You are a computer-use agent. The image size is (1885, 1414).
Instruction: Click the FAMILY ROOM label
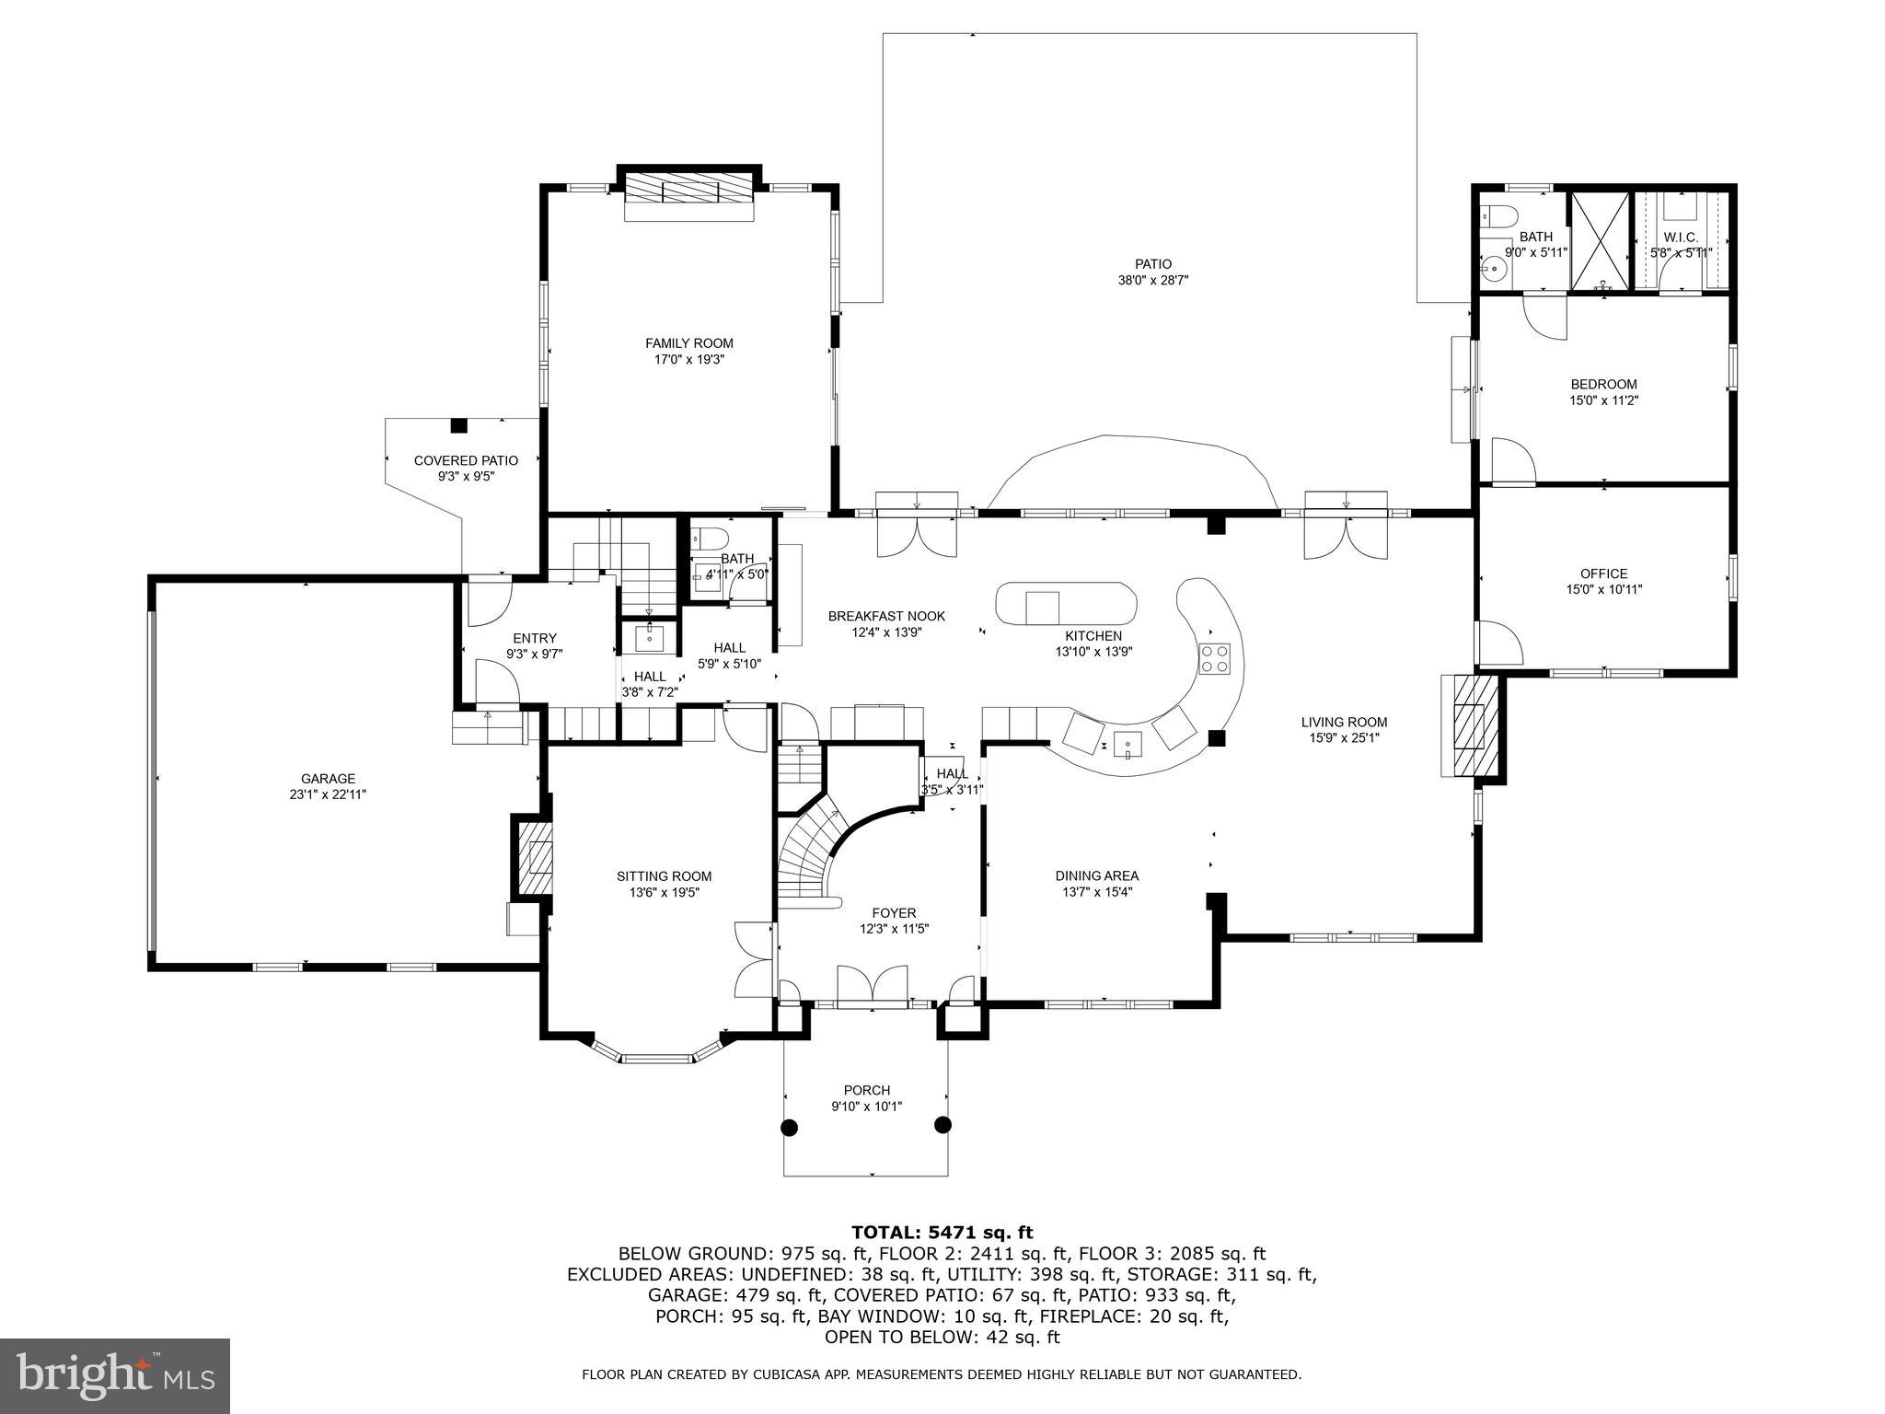pyautogui.click(x=688, y=343)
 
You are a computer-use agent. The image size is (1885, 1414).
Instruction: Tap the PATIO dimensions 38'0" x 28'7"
pyautogui.click(x=1152, y=281)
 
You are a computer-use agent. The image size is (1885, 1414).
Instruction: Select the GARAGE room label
pyautogui.click(x=328, y=779)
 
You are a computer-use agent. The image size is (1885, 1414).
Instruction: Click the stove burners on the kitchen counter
pyautogui.click(x=1214, y=659)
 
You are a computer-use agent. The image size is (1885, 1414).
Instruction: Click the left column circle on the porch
pyautogui.click(x=789, y=1126)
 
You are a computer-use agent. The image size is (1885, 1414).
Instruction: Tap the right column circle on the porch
pyautogui.click(x=942, y=1124)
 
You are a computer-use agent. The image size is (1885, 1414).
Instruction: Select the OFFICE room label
pyautogui.click(x=1604, y=574)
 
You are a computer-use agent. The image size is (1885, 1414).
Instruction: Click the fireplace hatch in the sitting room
pyautogui.click(x=534, y=858)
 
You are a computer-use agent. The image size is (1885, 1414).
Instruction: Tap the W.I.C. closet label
pyautogui.click(x=1681, y=238)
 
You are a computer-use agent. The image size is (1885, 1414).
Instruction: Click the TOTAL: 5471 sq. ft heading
pyautogui.click(x=942, y=1232)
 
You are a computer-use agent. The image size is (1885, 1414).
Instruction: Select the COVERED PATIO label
pyautogui.click(x=466, y=460)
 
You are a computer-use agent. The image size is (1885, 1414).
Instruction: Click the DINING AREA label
pyautogui.click(x=1096, y=875)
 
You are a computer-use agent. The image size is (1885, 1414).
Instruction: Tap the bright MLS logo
pyautogui.click(x=115, y=1375)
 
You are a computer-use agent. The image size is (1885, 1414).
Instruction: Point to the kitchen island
pyautogui.click(x=1066, y=604)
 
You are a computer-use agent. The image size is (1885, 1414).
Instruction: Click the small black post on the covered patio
pyautogui.click(x=458, y=425)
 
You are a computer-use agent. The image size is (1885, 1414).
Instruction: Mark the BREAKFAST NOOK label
pyautogui.click(x=885, y=616)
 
